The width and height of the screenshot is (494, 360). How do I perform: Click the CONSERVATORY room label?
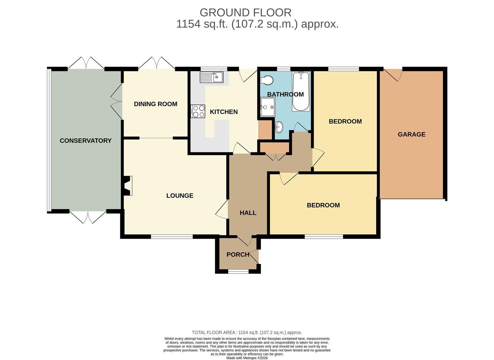pos(86,141)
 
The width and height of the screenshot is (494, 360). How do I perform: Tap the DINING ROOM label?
pos(156,104)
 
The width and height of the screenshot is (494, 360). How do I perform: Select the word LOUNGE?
pos(180,196)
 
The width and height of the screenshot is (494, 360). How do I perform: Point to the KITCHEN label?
pos(224,112)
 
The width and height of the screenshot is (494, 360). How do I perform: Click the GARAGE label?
pos(411,134)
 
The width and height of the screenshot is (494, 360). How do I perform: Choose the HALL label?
pos(248,213)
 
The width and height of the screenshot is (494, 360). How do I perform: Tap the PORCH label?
pos(238,255)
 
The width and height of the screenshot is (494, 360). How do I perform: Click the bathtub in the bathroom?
pos(301,91)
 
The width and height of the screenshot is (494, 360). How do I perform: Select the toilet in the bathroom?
pos(267,80)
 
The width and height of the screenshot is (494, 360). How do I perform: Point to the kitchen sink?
pos(212,77)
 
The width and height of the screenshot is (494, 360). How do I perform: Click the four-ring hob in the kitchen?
pos(198,111)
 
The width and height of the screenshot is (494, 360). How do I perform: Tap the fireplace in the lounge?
pos(128,186)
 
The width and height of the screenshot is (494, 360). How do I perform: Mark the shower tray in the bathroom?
pos(267,107)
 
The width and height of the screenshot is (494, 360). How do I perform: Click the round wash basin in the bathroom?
pos(279,127)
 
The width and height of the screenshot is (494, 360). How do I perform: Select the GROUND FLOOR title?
pos(246,13)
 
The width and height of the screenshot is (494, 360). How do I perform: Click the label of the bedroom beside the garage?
pos(345,121)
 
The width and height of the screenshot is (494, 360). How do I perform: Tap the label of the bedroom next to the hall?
pos(323,205)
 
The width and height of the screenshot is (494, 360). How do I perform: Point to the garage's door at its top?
pos(393,74)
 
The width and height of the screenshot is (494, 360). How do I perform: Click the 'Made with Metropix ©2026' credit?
pos(247,358)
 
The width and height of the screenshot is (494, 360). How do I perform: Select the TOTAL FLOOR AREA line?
pos(247,332)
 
